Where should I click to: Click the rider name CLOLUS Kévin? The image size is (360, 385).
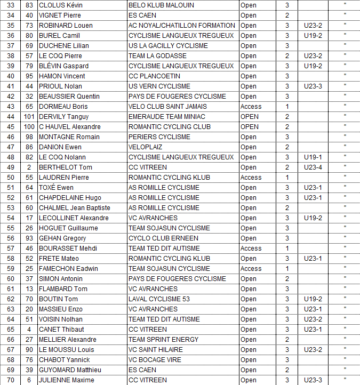coord(60,5)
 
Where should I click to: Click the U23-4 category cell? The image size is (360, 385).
coord(313,167)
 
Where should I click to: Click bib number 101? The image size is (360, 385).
coord(29,117)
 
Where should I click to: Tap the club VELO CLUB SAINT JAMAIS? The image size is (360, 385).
coord(167,107)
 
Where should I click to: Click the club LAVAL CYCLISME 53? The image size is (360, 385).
coord(159,299)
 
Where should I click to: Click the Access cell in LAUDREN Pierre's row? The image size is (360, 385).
coord(251,178)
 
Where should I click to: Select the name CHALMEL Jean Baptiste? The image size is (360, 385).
coord(75,208)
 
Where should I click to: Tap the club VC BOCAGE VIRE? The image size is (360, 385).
coord(155,360)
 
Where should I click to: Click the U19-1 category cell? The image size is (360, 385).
coord(313,157)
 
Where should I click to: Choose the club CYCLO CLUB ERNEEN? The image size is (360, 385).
coord(163,238)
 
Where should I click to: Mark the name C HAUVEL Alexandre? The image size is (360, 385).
coord(70,127)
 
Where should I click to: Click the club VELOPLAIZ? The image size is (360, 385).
coord(146,147)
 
